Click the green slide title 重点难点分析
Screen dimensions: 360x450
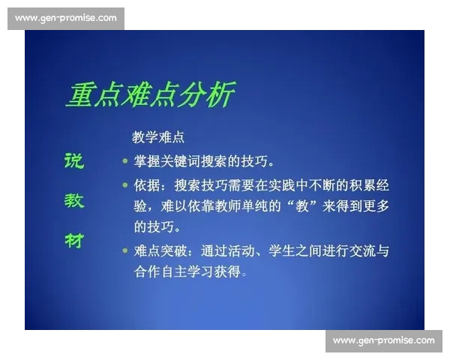coord(149,95)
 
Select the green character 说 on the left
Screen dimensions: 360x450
coord(73,160)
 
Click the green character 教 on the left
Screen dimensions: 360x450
coord(73,200)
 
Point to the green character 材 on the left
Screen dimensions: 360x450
coord(73,240)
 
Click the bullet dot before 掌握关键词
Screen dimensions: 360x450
coord(125,160)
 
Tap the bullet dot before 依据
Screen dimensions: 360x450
coord(125,184)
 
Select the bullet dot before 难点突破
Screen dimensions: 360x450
coord(125,250)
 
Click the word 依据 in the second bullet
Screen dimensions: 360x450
coord(148,184)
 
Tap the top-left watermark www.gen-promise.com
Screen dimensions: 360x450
coord(66,17)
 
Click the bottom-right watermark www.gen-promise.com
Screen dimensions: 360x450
coord(383,340)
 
